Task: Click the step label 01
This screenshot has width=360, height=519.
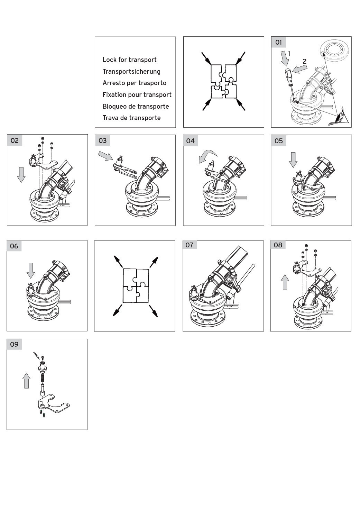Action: [278, 43]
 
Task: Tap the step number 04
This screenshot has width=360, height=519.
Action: [190, 140]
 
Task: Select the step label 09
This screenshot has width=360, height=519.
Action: [14, 344]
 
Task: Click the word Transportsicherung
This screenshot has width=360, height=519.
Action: [131, 71]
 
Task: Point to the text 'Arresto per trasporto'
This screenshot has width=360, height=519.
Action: [134, 83]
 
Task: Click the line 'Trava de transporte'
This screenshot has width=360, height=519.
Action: [131, 118]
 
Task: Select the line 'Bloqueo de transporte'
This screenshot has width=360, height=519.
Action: [136, 106]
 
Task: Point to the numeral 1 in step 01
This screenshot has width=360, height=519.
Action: [289, 54]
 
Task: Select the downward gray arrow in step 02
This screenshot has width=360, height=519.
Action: [21, 174]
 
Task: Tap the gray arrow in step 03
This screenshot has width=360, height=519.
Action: [105, 156]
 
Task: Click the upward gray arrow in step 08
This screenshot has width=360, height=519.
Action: [285, 282]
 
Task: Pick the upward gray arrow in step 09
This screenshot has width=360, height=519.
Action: [26, 381]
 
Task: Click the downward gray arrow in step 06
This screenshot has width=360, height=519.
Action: [30, 270]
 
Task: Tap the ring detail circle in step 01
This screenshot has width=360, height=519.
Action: [334, 49]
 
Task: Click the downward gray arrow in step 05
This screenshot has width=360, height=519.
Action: [293, 160]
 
